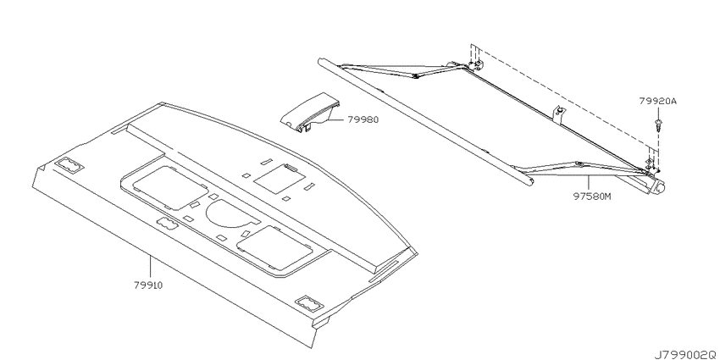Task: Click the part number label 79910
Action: (x=148, y=285)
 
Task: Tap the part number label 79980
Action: (x=363, y=119)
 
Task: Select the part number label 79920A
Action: (x=658, y=101)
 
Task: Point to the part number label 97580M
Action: (x=592, y=197)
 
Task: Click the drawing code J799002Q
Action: (x=686, y=354)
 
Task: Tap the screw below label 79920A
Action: (x=657, y=125)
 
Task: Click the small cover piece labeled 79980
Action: (x=309, y=113)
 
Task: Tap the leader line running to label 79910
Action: (x=150, y=269)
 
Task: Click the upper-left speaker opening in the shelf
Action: (x=170, y=186)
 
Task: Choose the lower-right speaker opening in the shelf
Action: (x=275, y=249)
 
